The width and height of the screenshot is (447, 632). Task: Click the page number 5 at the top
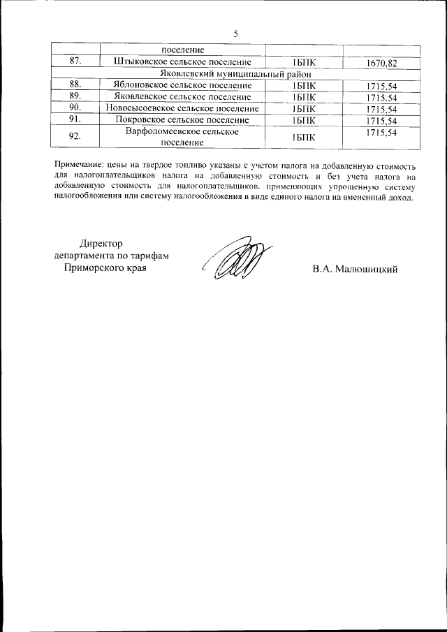click(x=235, y=34)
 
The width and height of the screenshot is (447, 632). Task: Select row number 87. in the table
click(x=75, y=62)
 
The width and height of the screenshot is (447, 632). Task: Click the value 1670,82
click(x=381, y=63)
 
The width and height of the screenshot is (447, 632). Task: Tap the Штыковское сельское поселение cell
click(x=182, y=62)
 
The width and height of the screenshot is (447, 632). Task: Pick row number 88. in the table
click(x=75, y=85)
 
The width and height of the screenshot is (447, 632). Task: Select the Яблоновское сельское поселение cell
click(x=182, y=85)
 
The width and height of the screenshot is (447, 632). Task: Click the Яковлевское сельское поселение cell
click(x=182, y=96)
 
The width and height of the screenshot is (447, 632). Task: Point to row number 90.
click(x=75, y=108)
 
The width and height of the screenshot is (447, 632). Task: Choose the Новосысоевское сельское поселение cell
click(x=182, y=108)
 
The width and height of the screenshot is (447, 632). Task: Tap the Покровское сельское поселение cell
click(x=182, y=120)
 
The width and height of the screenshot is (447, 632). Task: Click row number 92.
click(x=75, y=137)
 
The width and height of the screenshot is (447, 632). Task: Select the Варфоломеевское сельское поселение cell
click(x=182, y=137)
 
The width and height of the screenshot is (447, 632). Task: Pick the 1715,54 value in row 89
click(x=381, y=97)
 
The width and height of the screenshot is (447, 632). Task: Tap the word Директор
click(x=101, y=244)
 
